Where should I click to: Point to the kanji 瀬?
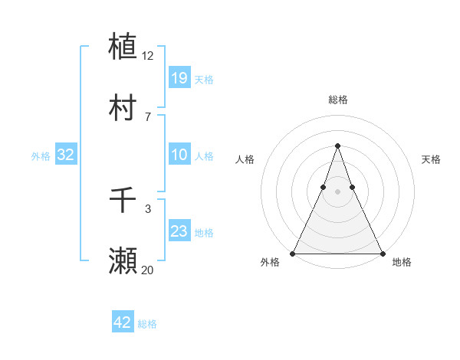[x=123, y=261]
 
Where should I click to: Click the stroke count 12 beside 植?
[x=148, y=55]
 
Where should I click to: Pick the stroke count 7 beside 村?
[x=148, y=116]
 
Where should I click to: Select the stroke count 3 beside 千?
[x=148, y=208]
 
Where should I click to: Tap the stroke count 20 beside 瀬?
[x=148, y=270]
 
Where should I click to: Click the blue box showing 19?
[x=179, y=77]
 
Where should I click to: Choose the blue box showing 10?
[x=179, y=155]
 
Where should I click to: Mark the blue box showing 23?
[x=179, y=231]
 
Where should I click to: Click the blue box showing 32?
[x=66, y=155]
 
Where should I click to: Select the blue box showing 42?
[x=123, y=322]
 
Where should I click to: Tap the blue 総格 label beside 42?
[x=147, y=324]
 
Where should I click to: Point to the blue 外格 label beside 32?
[x=41, y=156]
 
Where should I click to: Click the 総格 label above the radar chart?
[x=337, y=100]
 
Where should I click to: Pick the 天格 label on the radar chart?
[x=431, y=159]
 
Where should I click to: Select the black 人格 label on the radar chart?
[x=245, y=159]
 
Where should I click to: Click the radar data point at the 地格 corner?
[x=382, y=253]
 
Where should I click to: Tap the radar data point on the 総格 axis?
[x=337, y=146]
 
